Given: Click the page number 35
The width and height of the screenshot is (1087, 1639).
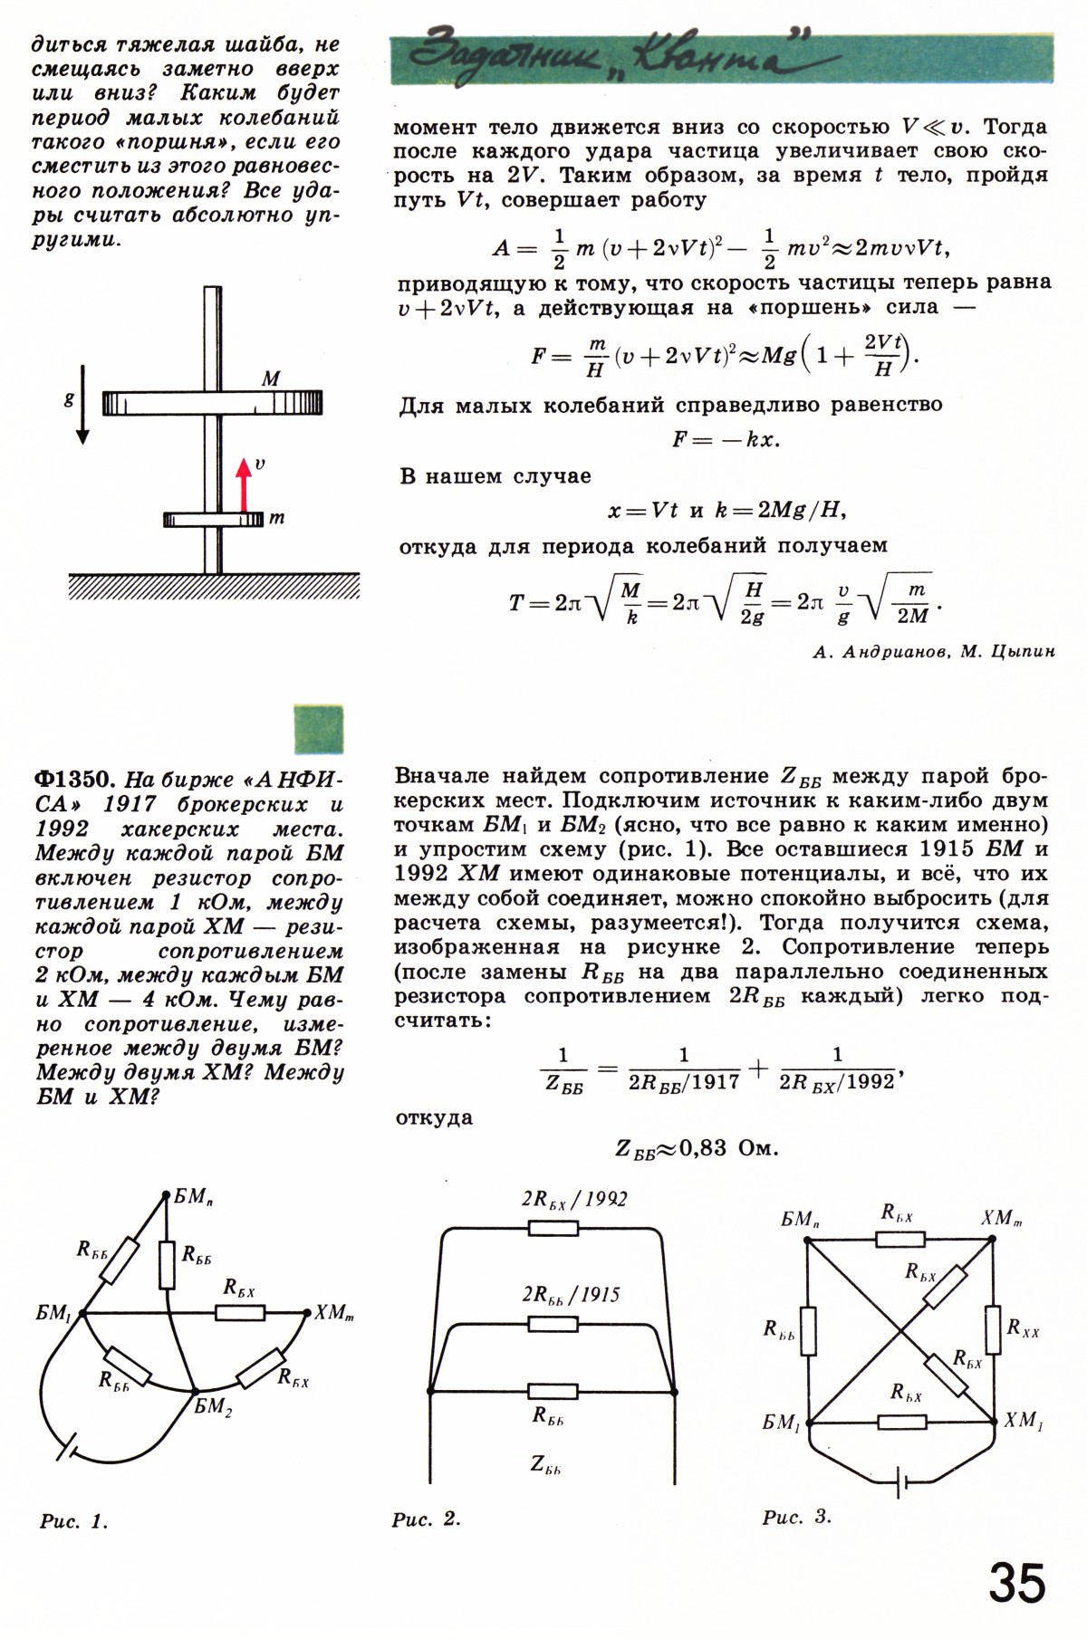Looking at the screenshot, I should click(x=1017, y=1582).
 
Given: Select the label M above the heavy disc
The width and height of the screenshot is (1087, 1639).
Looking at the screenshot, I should click(x=270, y=379).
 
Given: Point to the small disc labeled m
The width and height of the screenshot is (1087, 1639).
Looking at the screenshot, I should click(x=214, y=519).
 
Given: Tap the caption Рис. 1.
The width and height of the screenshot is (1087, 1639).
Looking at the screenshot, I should click(x=73, y=1521).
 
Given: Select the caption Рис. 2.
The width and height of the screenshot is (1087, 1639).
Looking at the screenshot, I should click(x=427, y=1519).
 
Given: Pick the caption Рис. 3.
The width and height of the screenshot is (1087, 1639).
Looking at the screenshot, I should click(x=796, y=1517).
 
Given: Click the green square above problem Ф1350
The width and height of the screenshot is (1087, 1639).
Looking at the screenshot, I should click(x=319, y=729).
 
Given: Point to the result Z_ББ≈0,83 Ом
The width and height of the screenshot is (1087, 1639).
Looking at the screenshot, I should click(x=697, y=1149).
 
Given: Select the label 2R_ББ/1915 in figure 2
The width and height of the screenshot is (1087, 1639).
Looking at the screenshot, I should click(x=571, y=1295).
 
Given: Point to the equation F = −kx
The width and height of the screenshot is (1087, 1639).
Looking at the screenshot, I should click(x=726, y=440).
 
